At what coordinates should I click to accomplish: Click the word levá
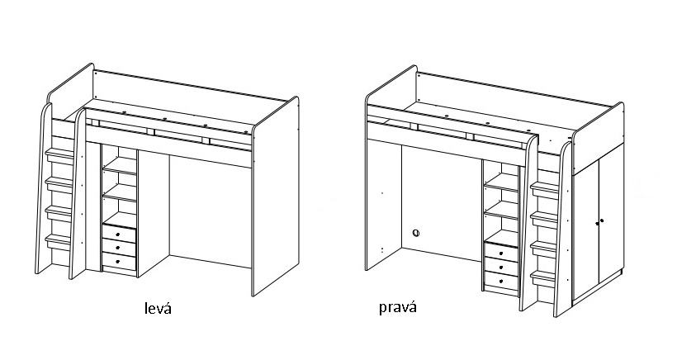[156, 308]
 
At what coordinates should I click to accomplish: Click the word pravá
[397, 308]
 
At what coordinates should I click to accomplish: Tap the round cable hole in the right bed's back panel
[417, 233]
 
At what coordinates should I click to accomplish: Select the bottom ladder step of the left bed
[57, 240]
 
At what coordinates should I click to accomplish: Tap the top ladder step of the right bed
[546, 188]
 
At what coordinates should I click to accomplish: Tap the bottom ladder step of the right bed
[544, 275]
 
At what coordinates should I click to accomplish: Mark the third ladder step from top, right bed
[545, 247]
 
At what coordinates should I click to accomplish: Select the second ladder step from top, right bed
[545, 217]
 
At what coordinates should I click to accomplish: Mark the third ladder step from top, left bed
[59, 211]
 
